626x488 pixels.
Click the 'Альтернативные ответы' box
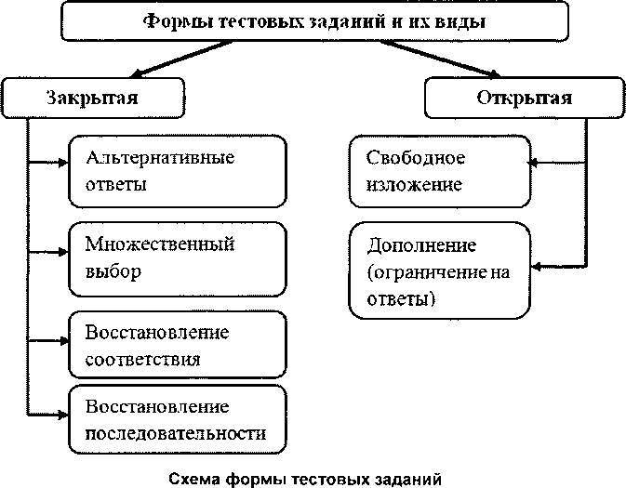[175, 170]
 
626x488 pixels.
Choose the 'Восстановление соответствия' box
[175, 343]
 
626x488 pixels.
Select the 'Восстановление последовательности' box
[175, 419]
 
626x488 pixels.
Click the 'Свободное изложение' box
[437, 170]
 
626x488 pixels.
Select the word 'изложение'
[415, 184]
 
